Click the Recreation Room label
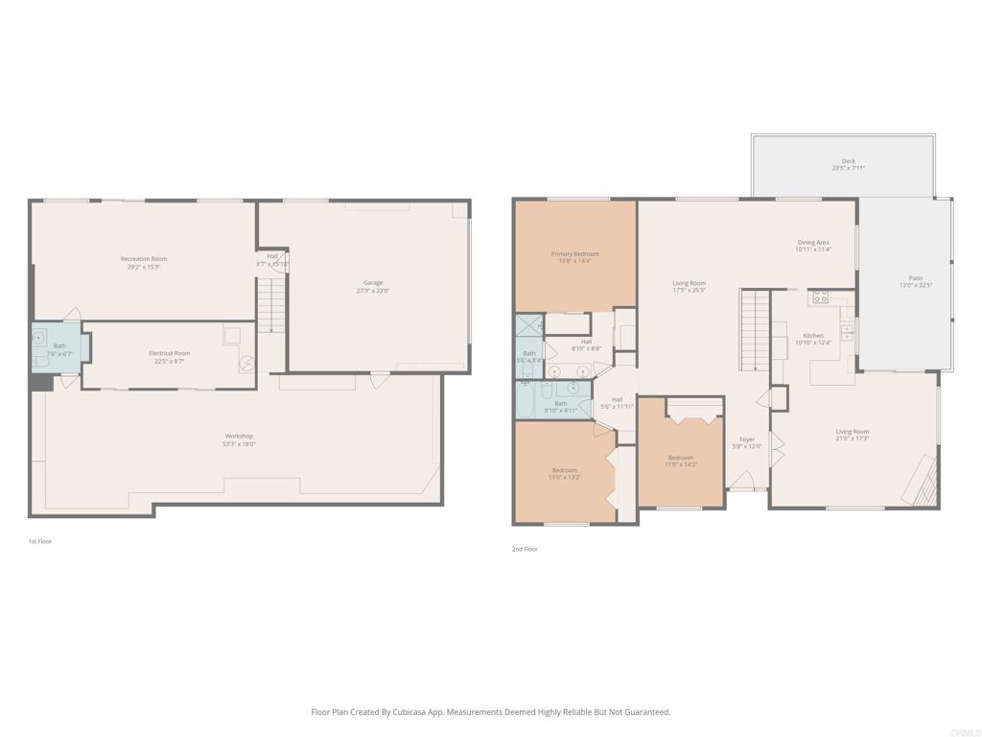pyautogui.click(x=144, y=259)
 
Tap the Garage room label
pyautogui.click(x=373, y=283)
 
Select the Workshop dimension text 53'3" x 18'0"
pyautogui.click(x=239, y=444)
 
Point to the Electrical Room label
pyautogui.click(x=169, y=353)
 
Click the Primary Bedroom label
pyautogui.click(x=574, y=254)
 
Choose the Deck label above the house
pyautogui.click(x=849, y=161)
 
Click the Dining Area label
pyautogui.click(x=812, y=243)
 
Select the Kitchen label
pyautogui.click(x=812, y=336)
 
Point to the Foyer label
pyautogui.click(x=747, y=440)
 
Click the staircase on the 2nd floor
pyautogui.click(x=756, y=331)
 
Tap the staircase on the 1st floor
pyautogui.click(x=272, y=305)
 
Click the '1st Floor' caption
pyautogui.click(x=40, y=542)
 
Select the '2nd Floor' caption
pyautogui.click(x=525, y=550)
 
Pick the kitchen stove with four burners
pyautogui.click(x=819, y=297)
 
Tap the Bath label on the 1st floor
pyautogui.click(x=59, y=345)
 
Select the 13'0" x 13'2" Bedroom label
pyautogui.click(x=564, y=470)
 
